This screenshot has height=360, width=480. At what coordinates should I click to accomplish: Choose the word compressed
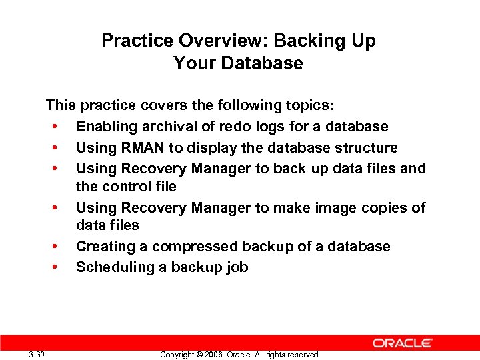click(195, 247)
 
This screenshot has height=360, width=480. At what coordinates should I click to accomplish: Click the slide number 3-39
click(37, 355)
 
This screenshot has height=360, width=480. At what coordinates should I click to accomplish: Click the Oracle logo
click(403, 343)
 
